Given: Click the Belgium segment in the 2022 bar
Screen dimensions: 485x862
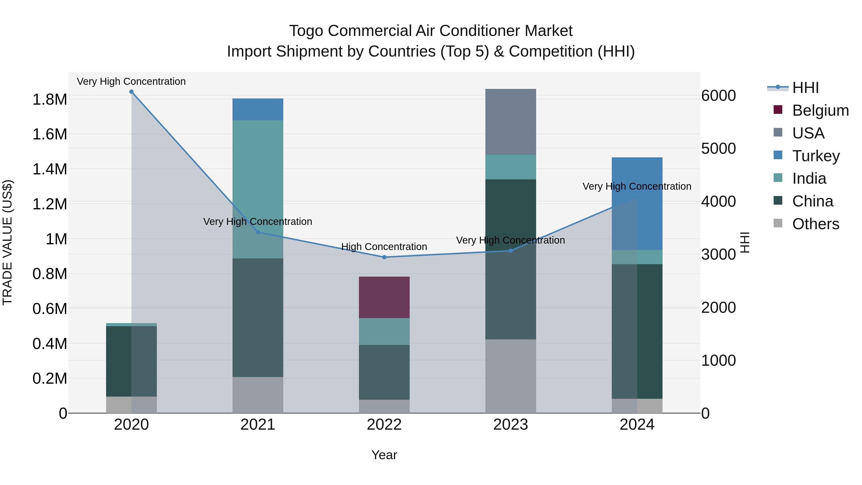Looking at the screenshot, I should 384,297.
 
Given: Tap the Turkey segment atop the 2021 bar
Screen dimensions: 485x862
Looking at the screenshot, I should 258,109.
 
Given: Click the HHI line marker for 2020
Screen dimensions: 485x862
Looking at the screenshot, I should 131,92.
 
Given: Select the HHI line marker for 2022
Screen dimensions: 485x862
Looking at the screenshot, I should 384,257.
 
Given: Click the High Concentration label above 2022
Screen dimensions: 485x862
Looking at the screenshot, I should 384,247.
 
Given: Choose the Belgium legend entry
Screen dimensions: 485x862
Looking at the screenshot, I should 820,110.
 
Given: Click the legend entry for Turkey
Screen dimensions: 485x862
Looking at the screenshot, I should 816,156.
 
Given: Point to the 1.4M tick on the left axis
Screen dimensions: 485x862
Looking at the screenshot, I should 50,169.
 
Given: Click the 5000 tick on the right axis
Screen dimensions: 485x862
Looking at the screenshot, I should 718,148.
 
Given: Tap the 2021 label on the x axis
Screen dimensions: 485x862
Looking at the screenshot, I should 258,425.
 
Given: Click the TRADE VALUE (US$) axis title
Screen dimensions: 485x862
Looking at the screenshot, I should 7,242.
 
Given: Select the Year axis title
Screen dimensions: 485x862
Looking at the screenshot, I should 384,455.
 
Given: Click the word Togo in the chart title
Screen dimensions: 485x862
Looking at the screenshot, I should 306,31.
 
